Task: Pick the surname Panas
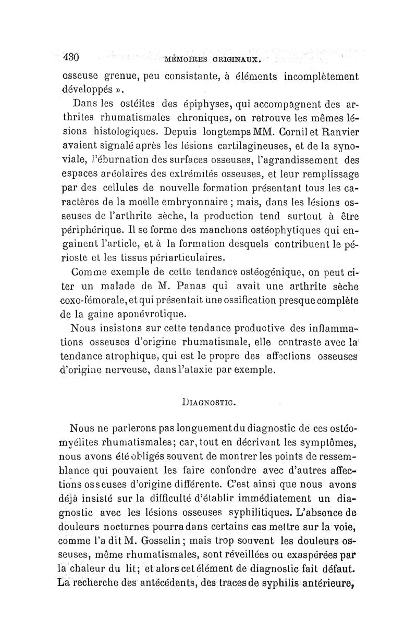(x=202, y=287)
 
